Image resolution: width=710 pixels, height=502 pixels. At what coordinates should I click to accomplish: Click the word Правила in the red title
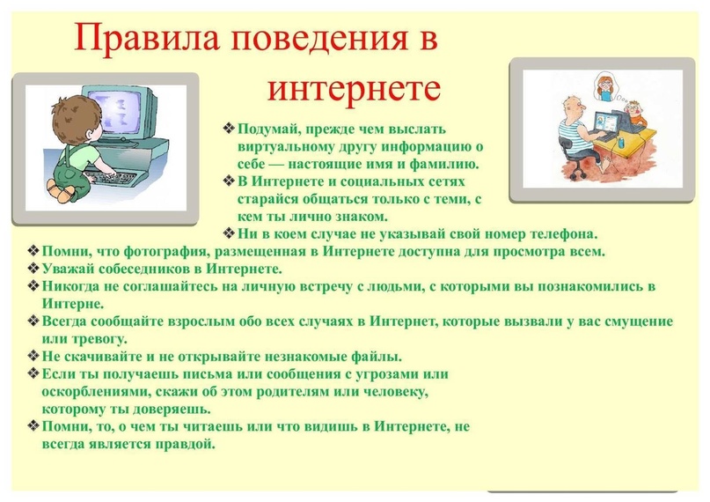147,38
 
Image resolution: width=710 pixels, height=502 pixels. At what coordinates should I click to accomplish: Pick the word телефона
560,234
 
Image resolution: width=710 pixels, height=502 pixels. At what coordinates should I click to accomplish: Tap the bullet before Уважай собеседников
33,269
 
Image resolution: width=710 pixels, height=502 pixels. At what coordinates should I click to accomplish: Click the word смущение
636,321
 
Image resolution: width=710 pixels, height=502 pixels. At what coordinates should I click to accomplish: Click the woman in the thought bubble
605,88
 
